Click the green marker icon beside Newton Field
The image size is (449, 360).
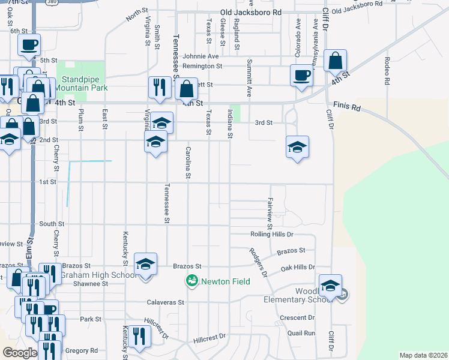(x=192, y=281)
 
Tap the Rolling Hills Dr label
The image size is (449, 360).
(x=271, y=234)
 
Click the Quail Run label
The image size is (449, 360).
(x=301, y=333)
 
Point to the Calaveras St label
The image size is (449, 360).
(x=165, y=302)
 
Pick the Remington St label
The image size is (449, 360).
(x=202, y=66)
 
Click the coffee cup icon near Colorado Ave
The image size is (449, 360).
(x=301, y=76)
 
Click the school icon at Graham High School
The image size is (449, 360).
(x=145, y=264)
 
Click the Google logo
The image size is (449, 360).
(x=20, y=353)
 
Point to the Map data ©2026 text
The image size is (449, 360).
(x=424, y=355)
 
